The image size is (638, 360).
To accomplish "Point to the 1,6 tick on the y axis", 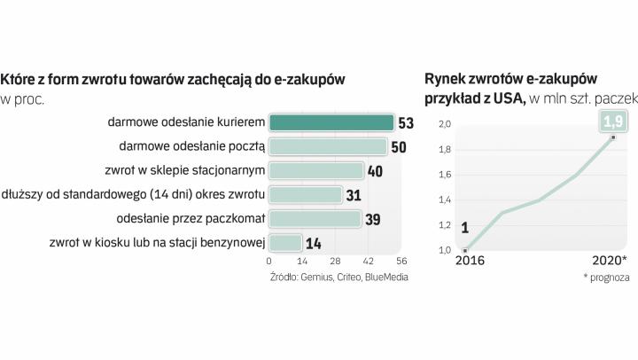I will point(446,175).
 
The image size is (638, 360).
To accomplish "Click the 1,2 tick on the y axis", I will point(446,225).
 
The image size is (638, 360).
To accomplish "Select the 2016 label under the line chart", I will point(471,261).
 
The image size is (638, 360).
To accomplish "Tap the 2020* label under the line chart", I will point(610,261).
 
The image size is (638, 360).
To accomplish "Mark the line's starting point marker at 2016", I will point(465,250).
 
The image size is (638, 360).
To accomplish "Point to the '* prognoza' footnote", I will point(606,277).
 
